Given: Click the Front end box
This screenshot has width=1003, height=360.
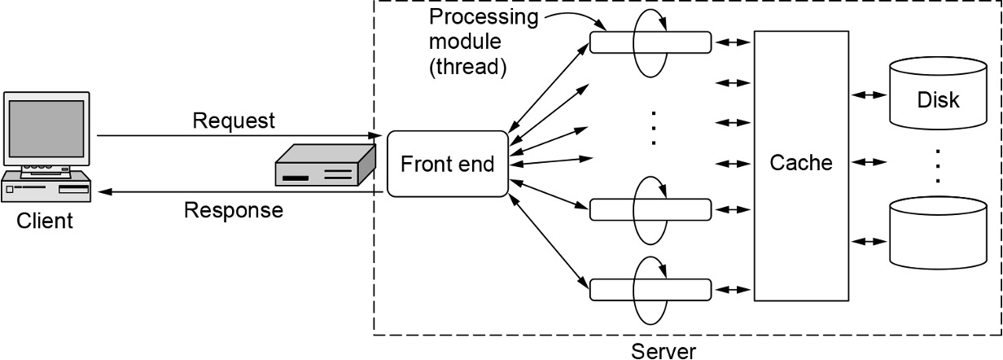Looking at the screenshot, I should [x=447, y=163].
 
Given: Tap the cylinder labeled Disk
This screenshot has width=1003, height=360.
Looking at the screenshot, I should [x=938, y=101].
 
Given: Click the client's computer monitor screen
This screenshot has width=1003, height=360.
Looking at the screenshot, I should [x=46, y=128].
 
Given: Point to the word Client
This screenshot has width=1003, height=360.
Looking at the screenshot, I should [x=46, y=221].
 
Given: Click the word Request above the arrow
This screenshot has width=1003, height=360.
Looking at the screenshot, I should [x=234, y=121].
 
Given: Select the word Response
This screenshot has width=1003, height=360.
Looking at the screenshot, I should [x=234, y=210].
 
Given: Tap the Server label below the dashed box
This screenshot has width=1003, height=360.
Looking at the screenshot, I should [x=664, y=351].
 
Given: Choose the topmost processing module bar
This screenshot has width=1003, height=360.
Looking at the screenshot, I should [x=650, y=42].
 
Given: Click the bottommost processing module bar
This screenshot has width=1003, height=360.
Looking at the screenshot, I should [x=650, y=288].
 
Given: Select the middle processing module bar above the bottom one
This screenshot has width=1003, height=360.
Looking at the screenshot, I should [x=650, y=209].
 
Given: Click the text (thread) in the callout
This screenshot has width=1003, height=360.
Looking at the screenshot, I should [x=467, y=68].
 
